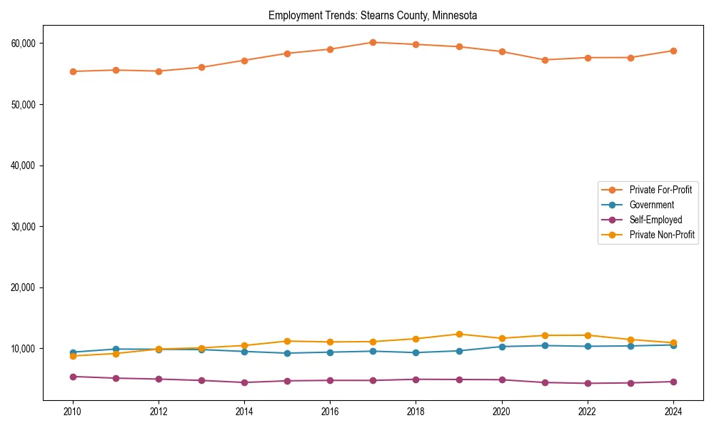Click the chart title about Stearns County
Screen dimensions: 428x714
[373, 15]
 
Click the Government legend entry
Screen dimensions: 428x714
[652, 205]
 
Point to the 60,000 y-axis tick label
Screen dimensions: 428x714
[24, 43]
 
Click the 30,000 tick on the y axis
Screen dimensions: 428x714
[24, 226]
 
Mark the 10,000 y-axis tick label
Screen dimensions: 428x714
[24, 349]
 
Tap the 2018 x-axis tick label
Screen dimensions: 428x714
[416, 412]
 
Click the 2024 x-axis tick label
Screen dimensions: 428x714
[673, 412]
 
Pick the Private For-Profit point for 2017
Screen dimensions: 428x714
[373, 42]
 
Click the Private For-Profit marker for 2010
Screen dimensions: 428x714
[73, 71]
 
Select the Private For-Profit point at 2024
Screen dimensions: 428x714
[673, 51]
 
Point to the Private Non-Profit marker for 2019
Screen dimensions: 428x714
[458, 334]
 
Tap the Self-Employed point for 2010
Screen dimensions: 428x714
[73, 377]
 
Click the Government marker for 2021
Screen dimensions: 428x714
[544, 345]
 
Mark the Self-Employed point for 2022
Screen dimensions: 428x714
[587, 383]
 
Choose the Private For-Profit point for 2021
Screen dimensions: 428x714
[544, 60]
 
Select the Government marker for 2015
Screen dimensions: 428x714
[287, 353]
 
